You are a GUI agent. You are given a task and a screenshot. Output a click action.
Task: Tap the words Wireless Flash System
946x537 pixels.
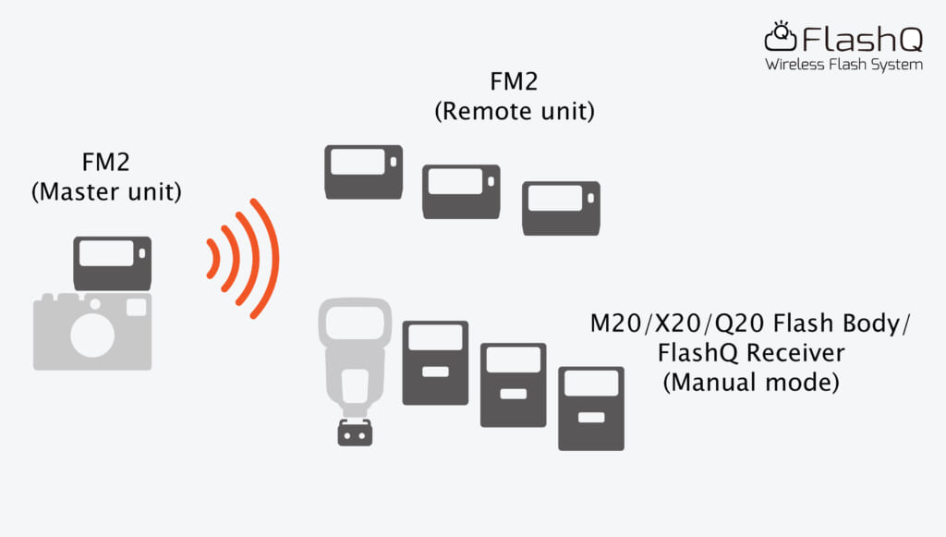[x=843, y=65]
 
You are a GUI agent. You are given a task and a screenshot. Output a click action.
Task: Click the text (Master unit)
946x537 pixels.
[x=106, y=193]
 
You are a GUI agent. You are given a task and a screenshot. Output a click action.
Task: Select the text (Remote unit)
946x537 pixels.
[x=514, y=112]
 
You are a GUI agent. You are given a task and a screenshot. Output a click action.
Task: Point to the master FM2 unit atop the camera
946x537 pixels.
[x=112, y=263]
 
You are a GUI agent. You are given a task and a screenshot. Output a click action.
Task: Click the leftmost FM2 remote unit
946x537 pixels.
[x=363, y=172]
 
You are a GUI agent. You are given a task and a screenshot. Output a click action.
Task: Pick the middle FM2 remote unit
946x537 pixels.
[x=461, y=191]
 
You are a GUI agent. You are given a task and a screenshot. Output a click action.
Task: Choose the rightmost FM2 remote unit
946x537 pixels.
[x=561, y=208]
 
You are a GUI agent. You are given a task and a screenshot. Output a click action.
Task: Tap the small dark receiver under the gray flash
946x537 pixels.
[x=354, y=433]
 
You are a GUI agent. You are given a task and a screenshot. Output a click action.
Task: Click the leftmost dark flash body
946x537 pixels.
[x=435, y=362]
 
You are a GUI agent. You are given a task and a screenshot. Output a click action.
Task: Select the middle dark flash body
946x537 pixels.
[x=513, y=384]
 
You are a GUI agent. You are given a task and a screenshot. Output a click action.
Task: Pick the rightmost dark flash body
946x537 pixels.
[x=590, y=408]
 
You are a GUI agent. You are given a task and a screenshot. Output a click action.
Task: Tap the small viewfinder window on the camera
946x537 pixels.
[x=136, y=308]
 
